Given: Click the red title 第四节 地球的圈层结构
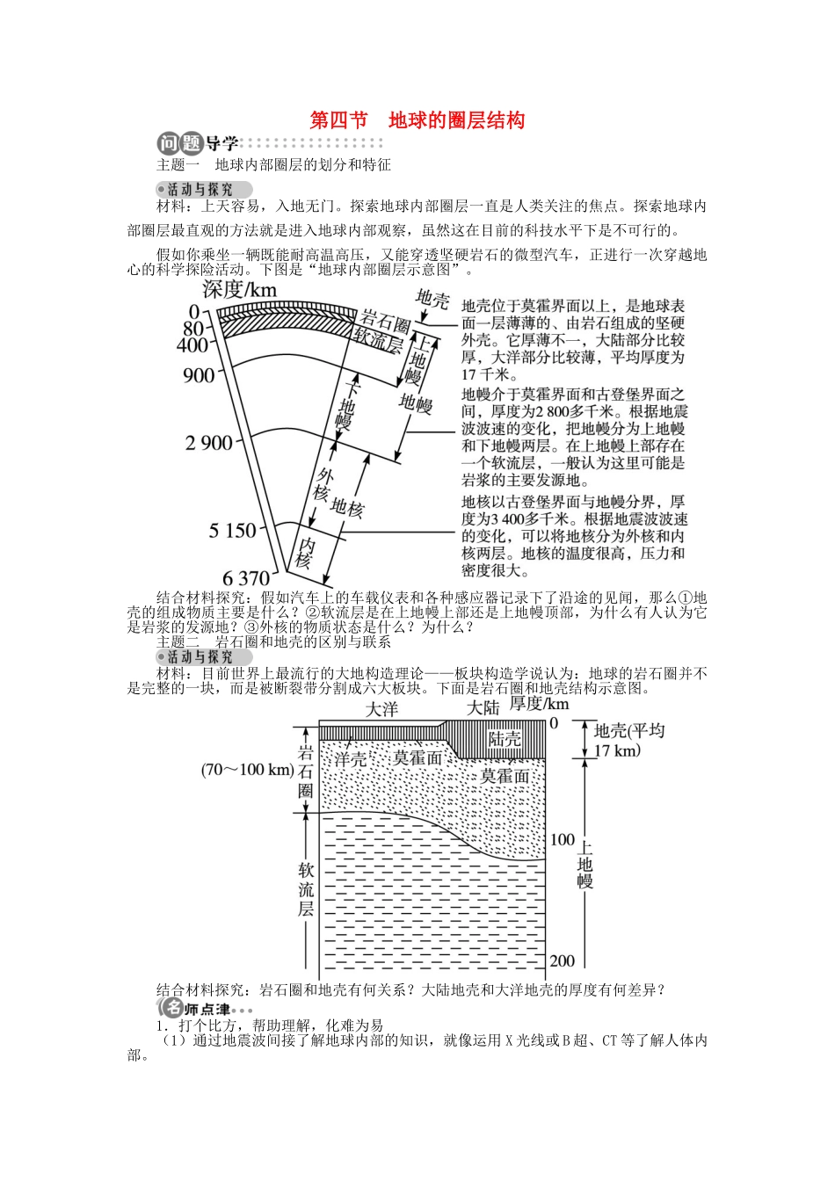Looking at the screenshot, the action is (417, 120).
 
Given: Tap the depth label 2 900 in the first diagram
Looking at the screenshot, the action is (209, 443).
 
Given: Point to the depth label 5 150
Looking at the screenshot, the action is (232, 531).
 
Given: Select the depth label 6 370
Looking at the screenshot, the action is (246, 578).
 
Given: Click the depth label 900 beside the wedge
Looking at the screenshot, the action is (199, 376).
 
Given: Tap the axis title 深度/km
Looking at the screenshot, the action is (239, 289).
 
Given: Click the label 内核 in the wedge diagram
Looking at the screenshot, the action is (305, 551).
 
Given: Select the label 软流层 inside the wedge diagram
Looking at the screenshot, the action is (377, 338).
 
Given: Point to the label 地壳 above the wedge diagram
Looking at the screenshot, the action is (432, 299).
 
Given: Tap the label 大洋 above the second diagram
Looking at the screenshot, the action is (381, 709).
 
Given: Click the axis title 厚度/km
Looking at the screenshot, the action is (540, 704).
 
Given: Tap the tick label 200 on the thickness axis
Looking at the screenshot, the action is (563, 960).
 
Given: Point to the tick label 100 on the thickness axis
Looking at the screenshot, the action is (563, 839).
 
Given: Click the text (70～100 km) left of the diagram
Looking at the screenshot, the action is (247, 770).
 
